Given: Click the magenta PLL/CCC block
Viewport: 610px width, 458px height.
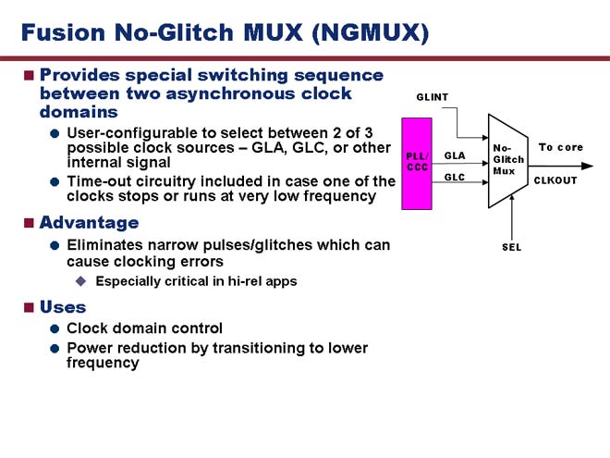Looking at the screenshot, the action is (417, 164).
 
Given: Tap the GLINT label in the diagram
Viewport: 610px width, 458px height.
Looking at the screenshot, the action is (433, 97).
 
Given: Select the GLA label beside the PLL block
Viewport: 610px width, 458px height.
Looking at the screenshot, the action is (455, 155).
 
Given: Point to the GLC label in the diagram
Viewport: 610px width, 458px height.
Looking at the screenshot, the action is (455, 178).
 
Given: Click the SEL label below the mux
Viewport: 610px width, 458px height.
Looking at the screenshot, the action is (512, 247).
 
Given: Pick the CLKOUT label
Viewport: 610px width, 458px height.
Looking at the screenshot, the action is (555, 180).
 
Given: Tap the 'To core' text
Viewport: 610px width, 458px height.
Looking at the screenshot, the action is (561, 147).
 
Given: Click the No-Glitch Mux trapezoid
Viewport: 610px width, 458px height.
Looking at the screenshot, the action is (508, 161).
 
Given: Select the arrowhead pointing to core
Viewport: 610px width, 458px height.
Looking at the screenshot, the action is (588, 166).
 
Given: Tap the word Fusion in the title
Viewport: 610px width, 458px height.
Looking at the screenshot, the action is (63, 32).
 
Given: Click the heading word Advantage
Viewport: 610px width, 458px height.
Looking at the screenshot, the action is (89, 223).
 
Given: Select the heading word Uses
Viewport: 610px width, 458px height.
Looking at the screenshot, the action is (63, 307).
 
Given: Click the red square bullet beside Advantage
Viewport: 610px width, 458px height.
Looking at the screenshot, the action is (29, 223).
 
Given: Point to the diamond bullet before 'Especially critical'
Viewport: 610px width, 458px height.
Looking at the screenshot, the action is (81, 281).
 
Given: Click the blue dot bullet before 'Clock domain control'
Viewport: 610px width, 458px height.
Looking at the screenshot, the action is (55, 328).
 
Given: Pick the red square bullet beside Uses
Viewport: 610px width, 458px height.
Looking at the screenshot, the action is (29, 308).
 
